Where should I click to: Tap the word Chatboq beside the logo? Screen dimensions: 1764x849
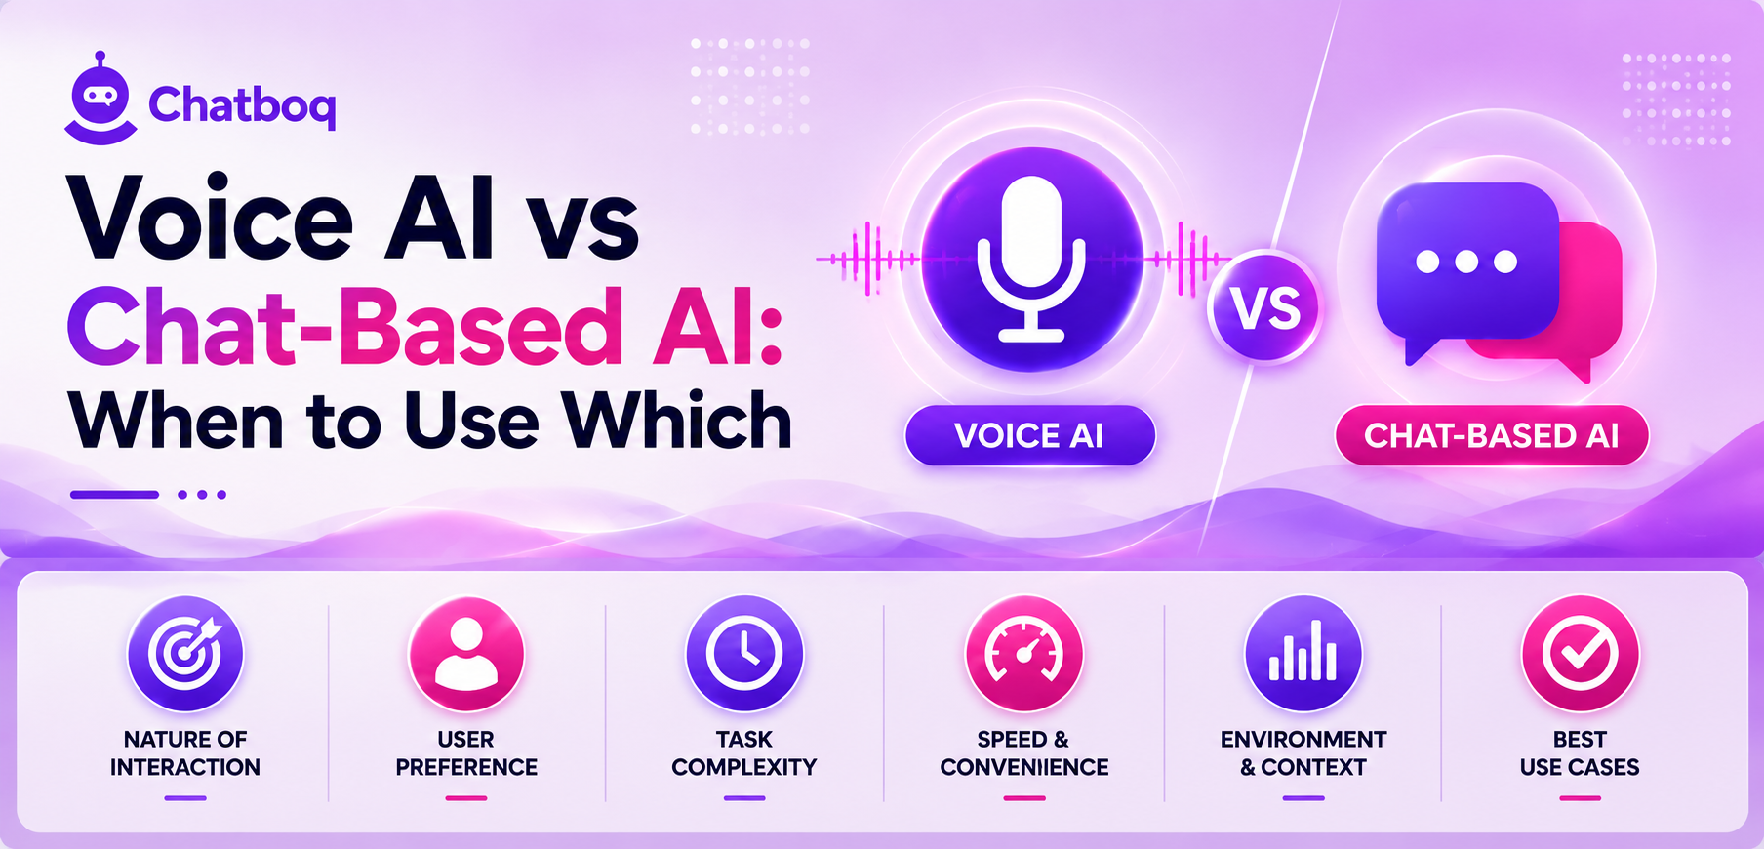242,105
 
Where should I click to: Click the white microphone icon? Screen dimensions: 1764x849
1031,259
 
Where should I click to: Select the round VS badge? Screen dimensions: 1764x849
1264,307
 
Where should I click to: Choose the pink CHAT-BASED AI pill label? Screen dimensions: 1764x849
1492,435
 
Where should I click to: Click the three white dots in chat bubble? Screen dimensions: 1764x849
1466,262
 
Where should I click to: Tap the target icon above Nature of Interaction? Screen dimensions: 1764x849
185,653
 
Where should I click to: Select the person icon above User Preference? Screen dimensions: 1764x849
466,653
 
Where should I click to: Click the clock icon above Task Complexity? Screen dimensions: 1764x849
744,653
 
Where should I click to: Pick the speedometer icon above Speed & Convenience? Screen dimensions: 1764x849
1024,653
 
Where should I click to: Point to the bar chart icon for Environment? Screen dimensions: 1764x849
1303,653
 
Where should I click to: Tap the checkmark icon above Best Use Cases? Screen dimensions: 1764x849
1580,653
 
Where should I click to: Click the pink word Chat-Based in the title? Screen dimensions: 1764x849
344,327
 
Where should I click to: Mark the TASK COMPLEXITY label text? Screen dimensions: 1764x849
744,753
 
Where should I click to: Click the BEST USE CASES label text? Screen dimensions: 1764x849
1580,753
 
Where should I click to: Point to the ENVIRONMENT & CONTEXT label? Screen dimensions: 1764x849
1303,753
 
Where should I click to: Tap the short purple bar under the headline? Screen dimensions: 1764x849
114,495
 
